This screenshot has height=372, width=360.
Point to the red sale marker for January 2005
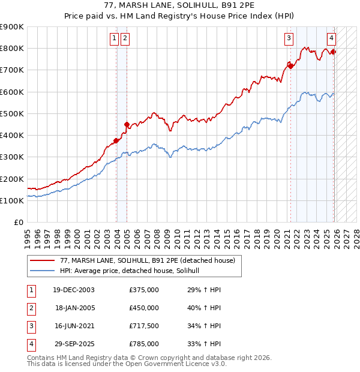coord(127,125)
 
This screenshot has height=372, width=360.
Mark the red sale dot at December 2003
coord(116,141)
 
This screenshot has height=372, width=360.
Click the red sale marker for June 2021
coord(291,67)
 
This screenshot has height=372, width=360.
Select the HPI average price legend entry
coord(133,271)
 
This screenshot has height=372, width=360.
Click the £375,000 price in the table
coord(144,290)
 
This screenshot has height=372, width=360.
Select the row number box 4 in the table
coord(29,344)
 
